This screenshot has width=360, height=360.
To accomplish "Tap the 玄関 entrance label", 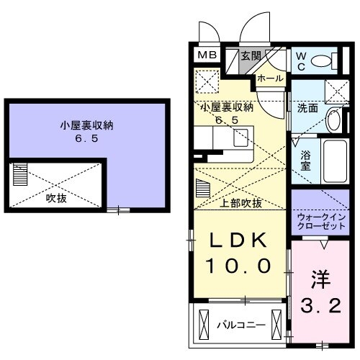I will pos(251,56).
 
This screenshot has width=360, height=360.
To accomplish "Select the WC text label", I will pos(300,62).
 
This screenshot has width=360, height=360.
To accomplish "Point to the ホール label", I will pos(270,78).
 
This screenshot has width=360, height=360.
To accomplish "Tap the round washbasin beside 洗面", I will pos(333,120).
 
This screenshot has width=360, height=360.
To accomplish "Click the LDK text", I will pos(240,242).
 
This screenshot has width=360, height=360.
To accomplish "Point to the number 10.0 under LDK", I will pos(240,266).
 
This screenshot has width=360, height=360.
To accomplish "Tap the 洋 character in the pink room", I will pos(322,278).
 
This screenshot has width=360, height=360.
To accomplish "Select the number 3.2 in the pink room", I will pos(320,305).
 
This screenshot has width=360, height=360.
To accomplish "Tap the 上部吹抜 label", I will pos(241,203).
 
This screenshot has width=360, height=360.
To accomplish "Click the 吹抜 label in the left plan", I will pos(56,197).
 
